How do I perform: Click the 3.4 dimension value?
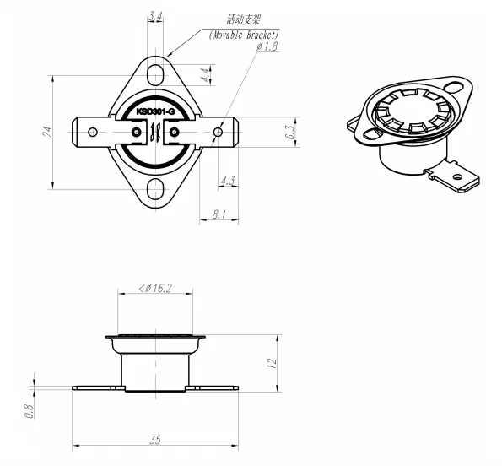155,16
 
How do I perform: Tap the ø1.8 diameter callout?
266,46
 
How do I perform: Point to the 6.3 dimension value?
289,132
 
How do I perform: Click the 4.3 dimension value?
227,181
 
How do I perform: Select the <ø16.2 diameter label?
154,289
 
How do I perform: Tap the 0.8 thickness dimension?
29,411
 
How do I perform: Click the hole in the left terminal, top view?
93,132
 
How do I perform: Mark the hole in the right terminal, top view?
219,132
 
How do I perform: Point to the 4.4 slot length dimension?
205,75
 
